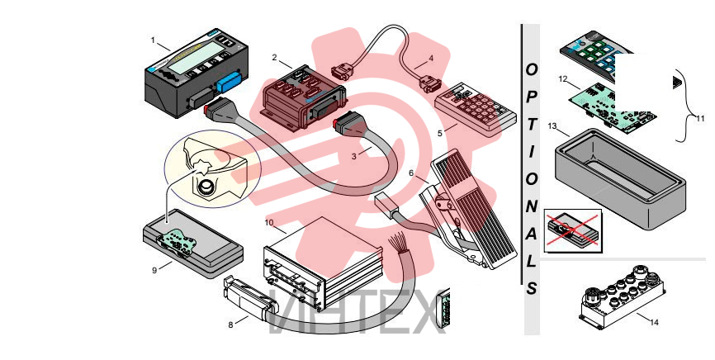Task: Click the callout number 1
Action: tap(153, 40)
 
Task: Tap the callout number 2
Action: tap(274, 58)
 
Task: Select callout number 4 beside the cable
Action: tap(431, 59)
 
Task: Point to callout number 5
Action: tap(440, 133)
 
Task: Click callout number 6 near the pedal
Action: tap(411, 173)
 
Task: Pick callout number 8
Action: tap(230, 324)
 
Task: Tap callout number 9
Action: tap(154, 271)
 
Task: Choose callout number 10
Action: tap(269, 223)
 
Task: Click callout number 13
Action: tap(552, 126)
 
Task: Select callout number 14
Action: tap(655, 323)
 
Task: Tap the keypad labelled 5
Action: tap(476, 110)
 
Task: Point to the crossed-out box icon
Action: tap(573, 231)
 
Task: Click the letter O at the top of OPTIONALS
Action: tap(532, 70)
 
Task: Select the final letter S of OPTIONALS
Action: tap(532, 288)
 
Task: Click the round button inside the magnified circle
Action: tap(207, 187)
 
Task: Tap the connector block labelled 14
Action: tap(623, 297)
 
